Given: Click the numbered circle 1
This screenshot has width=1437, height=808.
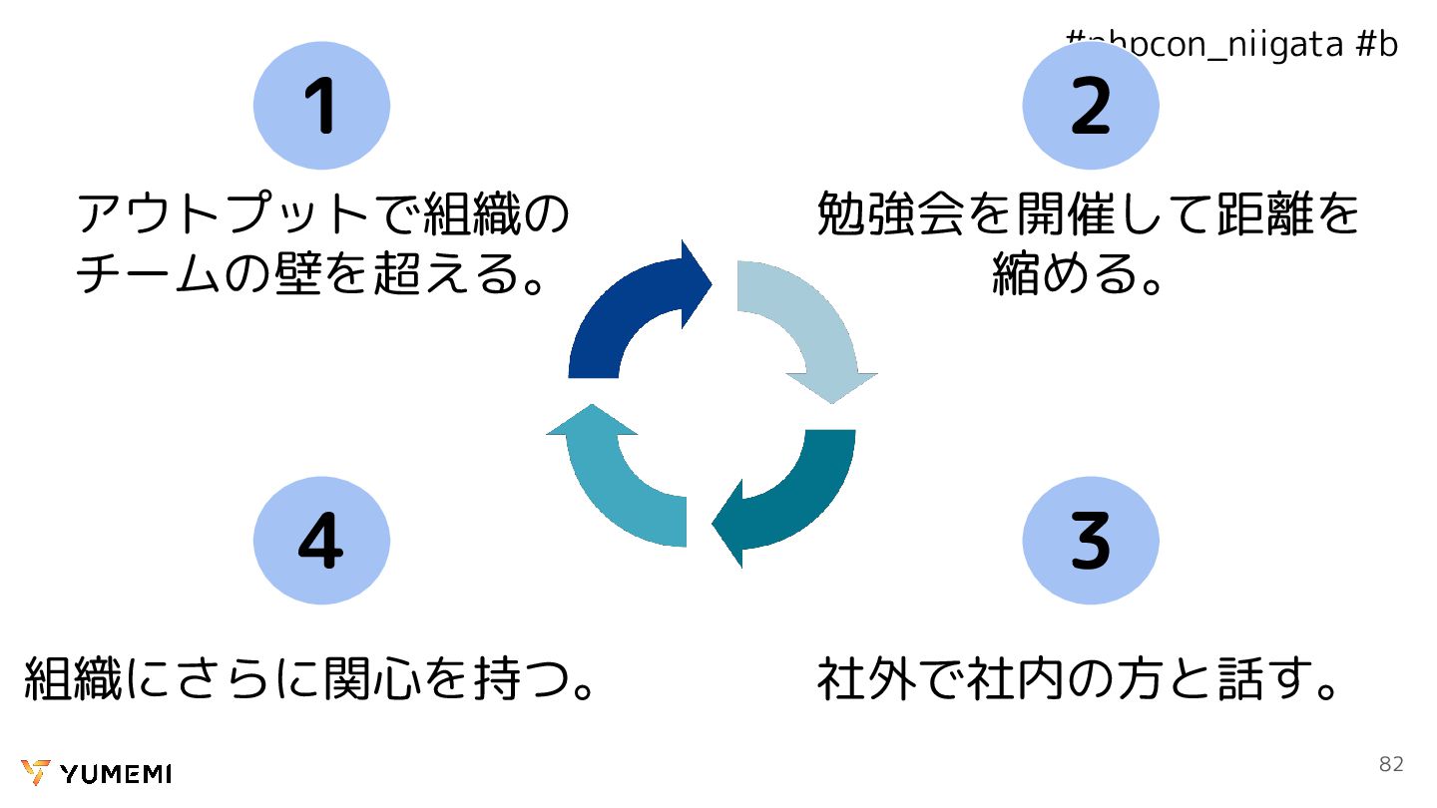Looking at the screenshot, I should tap(321, 105).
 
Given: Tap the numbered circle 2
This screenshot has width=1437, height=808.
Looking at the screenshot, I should tap(1090, 105).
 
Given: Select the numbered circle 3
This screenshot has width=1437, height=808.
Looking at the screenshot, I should tap(1090, 540).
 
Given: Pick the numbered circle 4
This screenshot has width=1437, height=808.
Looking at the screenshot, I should tap(321, 540).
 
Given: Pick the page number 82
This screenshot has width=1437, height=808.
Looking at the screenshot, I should tap(1391, 764).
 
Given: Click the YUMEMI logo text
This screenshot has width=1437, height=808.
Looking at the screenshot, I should tap(116, 774).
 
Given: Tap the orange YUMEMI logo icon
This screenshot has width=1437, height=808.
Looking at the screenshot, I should tap(35, 773).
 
